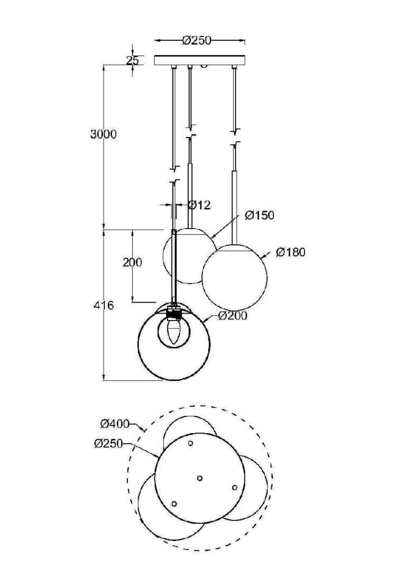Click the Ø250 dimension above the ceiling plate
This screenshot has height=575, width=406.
coord(197,40)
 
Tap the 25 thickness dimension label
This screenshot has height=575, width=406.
coord(133,60)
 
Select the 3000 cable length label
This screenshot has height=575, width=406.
coord(103,134)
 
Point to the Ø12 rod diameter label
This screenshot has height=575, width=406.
coord(199,205)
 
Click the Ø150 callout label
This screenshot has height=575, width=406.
coord(260,215)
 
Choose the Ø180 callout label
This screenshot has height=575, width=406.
coord(291,252)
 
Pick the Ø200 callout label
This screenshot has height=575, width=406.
coord(233,315)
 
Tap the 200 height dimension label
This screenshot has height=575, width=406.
coord(132,262)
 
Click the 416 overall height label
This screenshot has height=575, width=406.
coord(104,305)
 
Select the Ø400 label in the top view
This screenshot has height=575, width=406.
coord(115,424)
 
